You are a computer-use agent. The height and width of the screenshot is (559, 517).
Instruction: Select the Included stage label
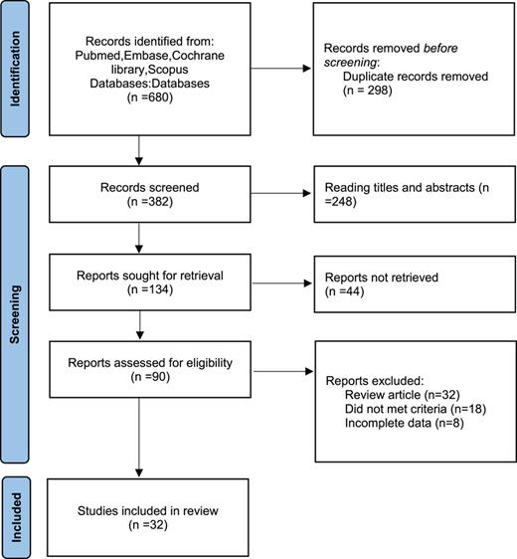(x=19, y=518)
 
